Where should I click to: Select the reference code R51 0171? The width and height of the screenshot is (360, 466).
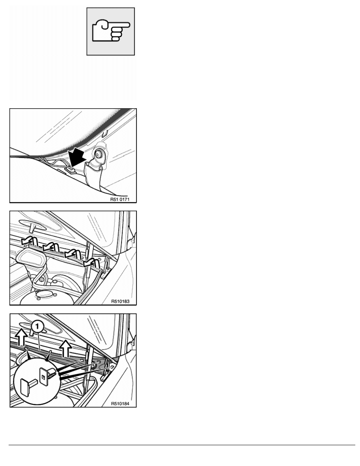click(x=120, y=199)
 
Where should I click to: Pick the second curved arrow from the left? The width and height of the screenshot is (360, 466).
click(x=51, y=246)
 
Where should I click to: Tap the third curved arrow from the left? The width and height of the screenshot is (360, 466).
click(x=73, y=253)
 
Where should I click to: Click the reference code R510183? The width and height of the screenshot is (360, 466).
click(x=120, y=301)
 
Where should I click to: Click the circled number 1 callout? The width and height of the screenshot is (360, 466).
click(x=36, y=327)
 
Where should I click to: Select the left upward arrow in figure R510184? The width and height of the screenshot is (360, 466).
click(x=22, y=337)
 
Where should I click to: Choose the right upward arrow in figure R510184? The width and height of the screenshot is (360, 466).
click(x=65, y=348)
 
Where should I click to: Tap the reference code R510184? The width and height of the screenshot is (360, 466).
click(x=120, y=404)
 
